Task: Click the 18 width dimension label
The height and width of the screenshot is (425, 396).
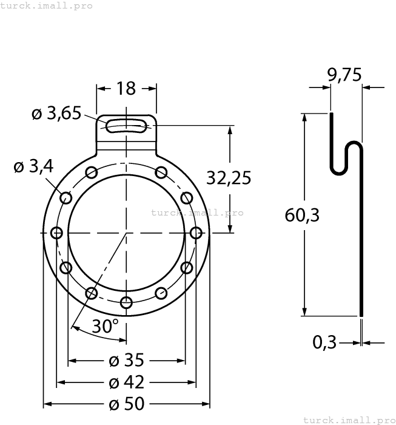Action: click(126, 89)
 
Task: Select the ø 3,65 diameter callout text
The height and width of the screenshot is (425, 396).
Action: click(56, 114)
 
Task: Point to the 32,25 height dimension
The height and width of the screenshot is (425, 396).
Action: click(228, 178)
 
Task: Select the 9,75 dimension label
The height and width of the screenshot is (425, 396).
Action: click(344, 75)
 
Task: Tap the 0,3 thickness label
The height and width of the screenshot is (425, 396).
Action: click(324, 342)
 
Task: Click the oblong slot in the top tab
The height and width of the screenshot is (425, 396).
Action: click(126, 126)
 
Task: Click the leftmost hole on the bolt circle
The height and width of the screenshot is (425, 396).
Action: click(57, 233)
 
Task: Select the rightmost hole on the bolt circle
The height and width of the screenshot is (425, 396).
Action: click(195, 233)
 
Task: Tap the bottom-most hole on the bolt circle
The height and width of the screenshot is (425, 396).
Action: click(126, 302)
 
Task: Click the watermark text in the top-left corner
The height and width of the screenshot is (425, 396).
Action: click(46, 5)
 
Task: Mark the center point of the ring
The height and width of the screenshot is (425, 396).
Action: click(126, 233)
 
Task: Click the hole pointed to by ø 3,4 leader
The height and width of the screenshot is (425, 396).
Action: click(66, 198)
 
